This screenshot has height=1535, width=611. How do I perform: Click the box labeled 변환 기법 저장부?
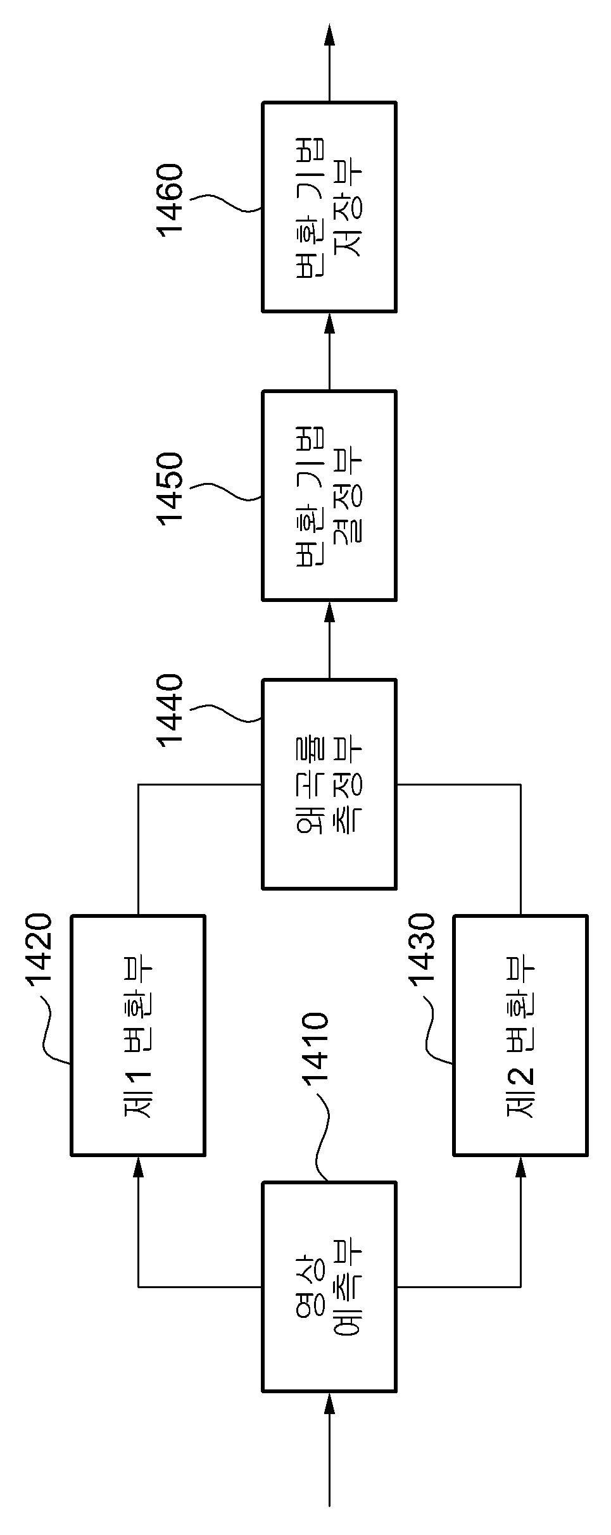(x=329, y=207)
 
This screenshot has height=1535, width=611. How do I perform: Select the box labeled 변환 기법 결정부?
(x=329, y=496)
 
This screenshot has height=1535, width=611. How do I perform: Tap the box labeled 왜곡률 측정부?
(x=329, y=784)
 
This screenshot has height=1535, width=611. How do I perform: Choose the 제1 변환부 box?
(x=138, y=1035)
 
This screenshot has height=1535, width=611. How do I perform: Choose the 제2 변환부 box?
(x=520, y=1035)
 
